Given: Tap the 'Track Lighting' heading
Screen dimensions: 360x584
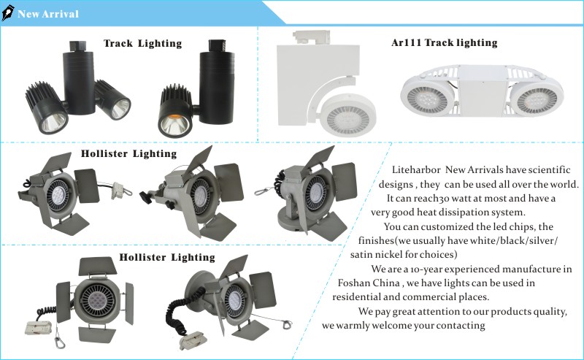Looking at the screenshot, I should pyautogui.click(x=142, y=43).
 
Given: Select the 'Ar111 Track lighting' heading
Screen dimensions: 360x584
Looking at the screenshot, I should pyautogui.click(x=445, y=42).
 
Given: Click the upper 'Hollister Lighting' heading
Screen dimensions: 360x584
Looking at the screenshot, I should pyautogui.click(x=128, y=153).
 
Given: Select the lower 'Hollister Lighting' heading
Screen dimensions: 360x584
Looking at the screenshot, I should pyautogui.click(x=167, y=257).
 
